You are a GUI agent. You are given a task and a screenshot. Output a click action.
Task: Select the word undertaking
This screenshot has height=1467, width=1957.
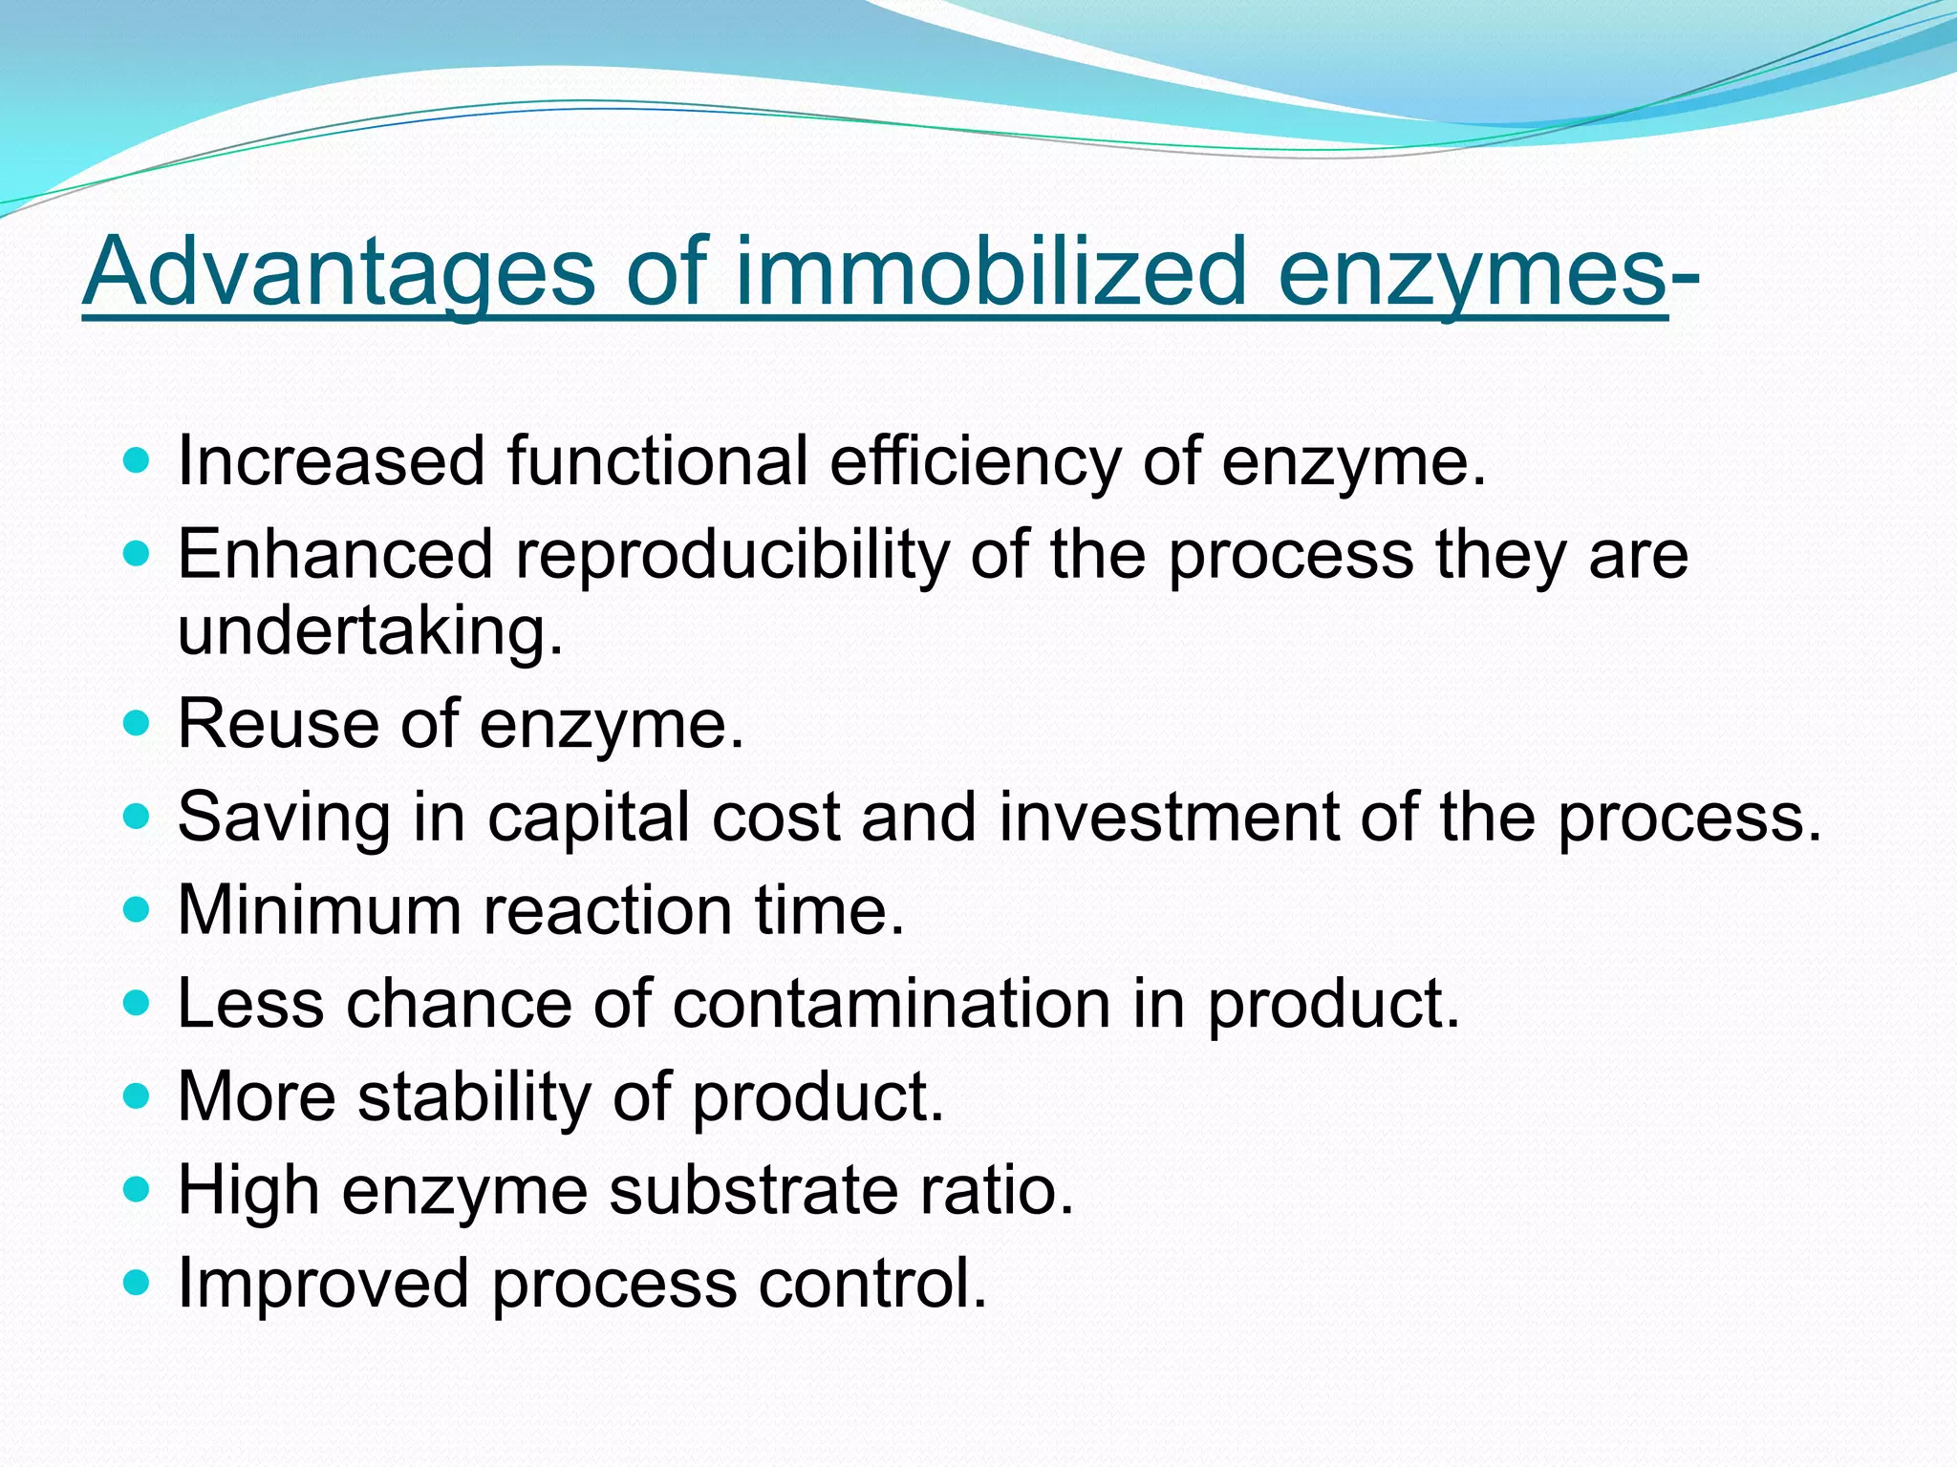pyautogui.click(x=370, y=631)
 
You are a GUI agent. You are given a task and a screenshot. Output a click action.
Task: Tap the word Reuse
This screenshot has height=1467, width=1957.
pyautogui.click(x=278, y=724)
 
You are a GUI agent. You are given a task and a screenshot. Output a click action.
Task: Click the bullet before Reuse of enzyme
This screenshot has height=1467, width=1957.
pyautogui.click(x=138, y=724)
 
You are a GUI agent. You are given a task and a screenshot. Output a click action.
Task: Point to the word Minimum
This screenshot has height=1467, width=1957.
pyautogui.click(x=319, y=910)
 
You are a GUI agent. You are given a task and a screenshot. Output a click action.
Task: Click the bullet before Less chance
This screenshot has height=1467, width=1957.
pyautogui.click(x=138, y=1003)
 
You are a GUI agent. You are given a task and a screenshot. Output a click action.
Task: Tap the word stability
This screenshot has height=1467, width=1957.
pyautogui.click(x=474, y=1096)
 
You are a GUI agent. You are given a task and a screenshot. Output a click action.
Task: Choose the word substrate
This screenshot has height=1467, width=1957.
pyautogui.click(x=754, y=1190)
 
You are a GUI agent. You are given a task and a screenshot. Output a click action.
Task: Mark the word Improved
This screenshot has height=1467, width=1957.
pyautogui.click(x=323, y=1284)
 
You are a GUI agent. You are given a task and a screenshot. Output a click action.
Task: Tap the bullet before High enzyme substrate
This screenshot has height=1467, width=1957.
pyautogui.click(x=138, y=1189)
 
